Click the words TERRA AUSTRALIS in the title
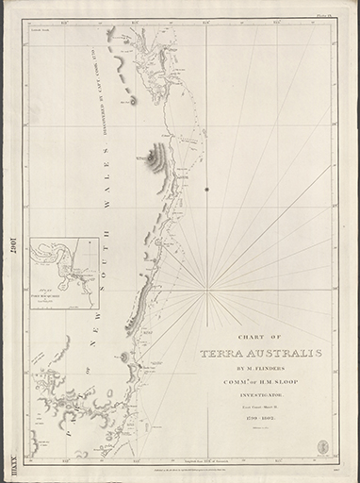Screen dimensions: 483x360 [x=260, y=354]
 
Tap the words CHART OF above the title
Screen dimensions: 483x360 [x=260, y=338]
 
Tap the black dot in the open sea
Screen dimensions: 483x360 [x=206, y=189]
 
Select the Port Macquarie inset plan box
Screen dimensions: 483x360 [x=65, y=273]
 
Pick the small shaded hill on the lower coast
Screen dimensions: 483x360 [x=125, y=357]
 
